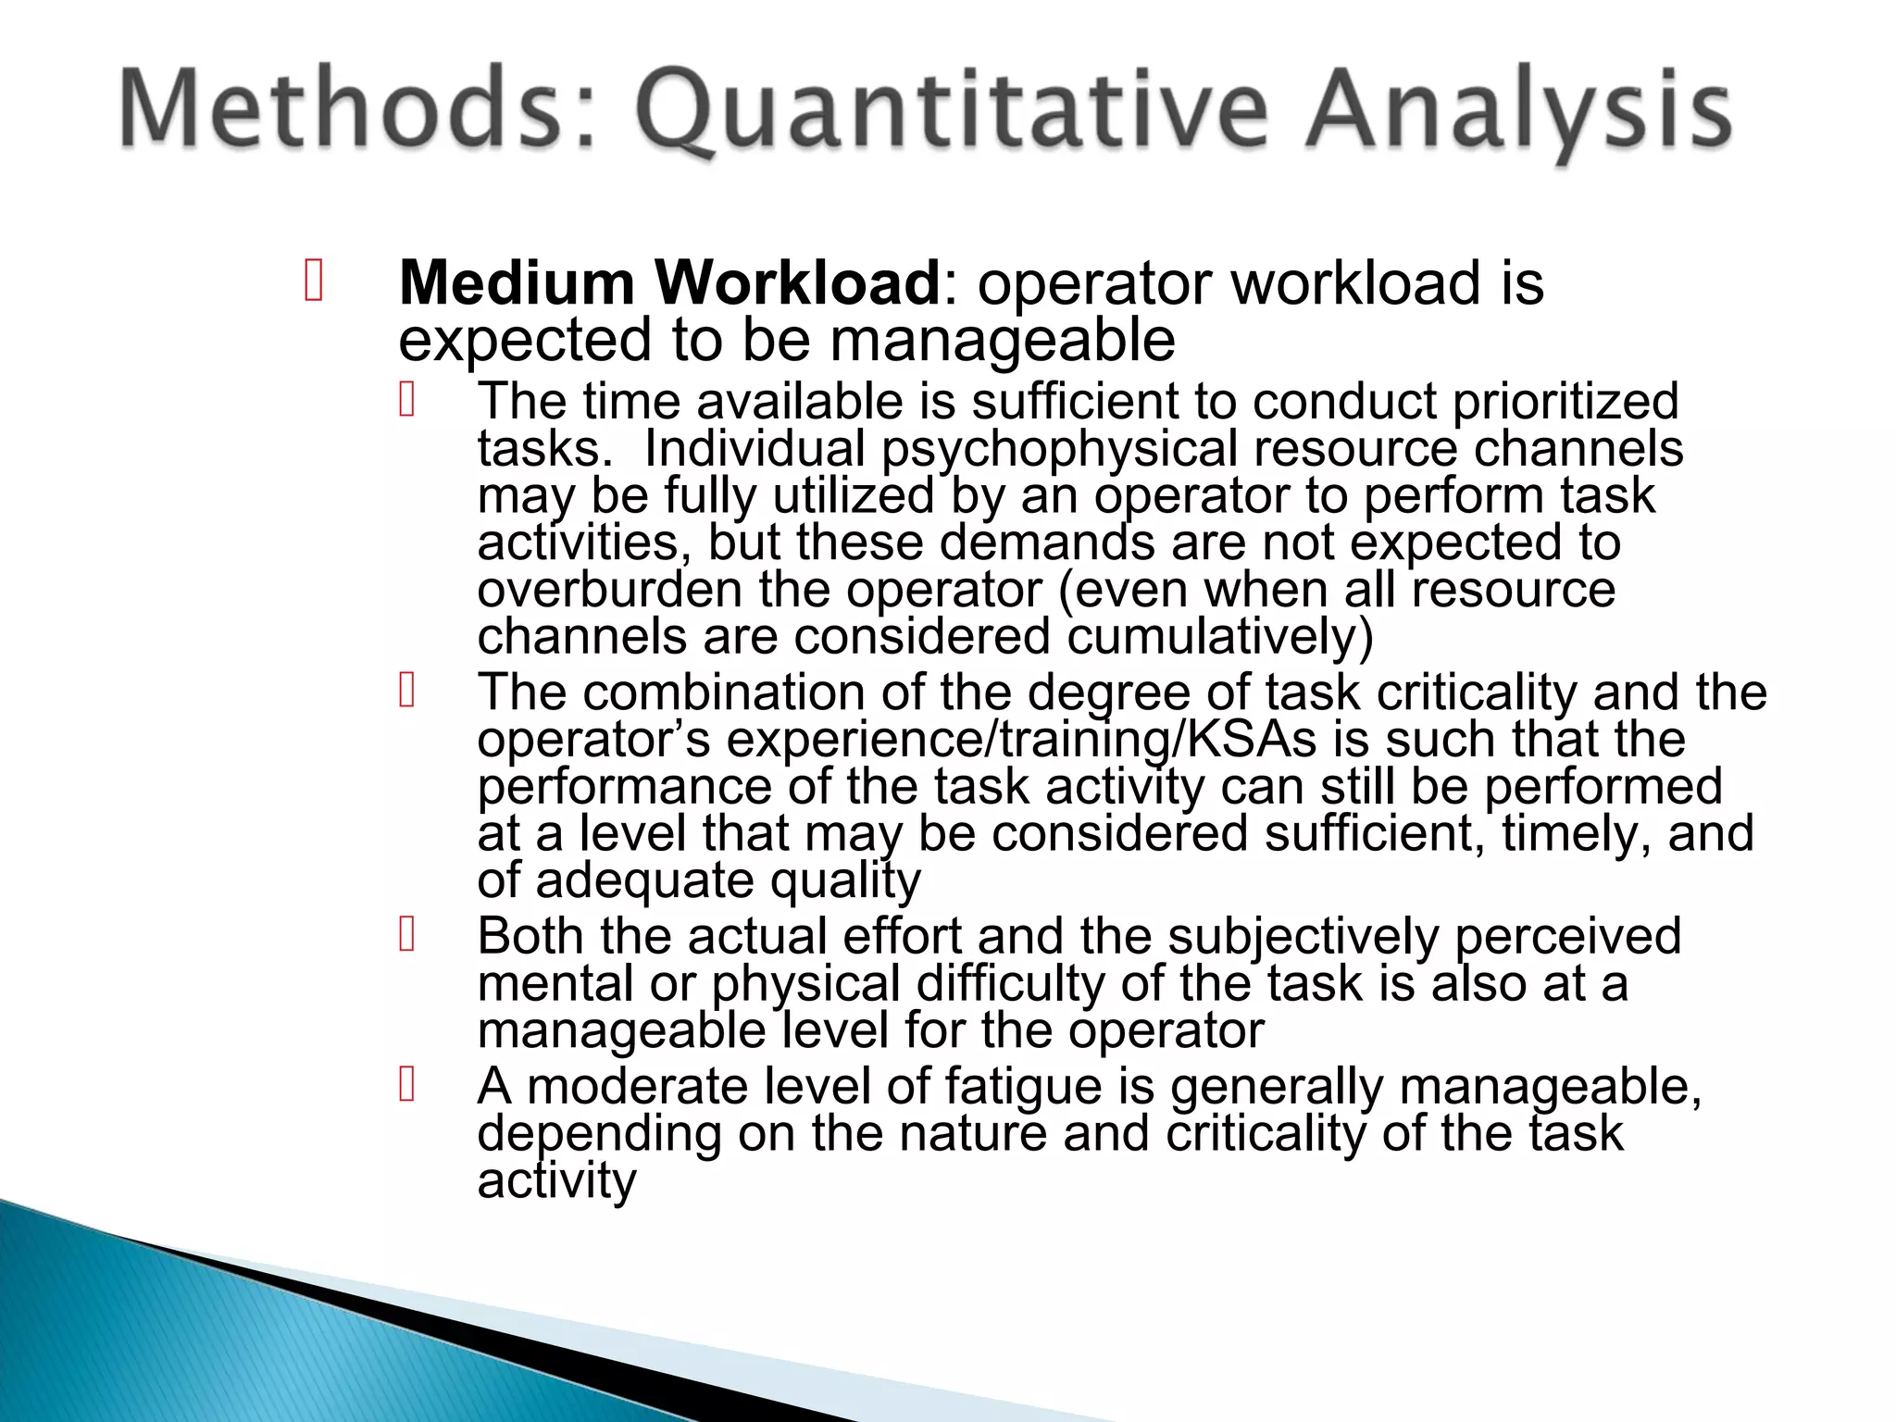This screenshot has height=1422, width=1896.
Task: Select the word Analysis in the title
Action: [1518, 113]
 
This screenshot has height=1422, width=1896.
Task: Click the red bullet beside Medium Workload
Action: [314, 281]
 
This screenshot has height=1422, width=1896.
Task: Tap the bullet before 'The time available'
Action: [406, 400]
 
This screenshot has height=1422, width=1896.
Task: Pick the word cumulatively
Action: [1220, 638]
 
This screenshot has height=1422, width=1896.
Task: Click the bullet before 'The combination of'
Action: [406, 691]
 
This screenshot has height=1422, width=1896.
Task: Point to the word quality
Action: [844, 881]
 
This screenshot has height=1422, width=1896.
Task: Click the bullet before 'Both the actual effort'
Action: [406, 934]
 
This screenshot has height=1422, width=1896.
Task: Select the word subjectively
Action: [1302, 936]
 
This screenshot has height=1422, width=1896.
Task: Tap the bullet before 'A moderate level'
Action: [406, 1084]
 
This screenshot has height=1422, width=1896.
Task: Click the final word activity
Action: [556, 1181]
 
